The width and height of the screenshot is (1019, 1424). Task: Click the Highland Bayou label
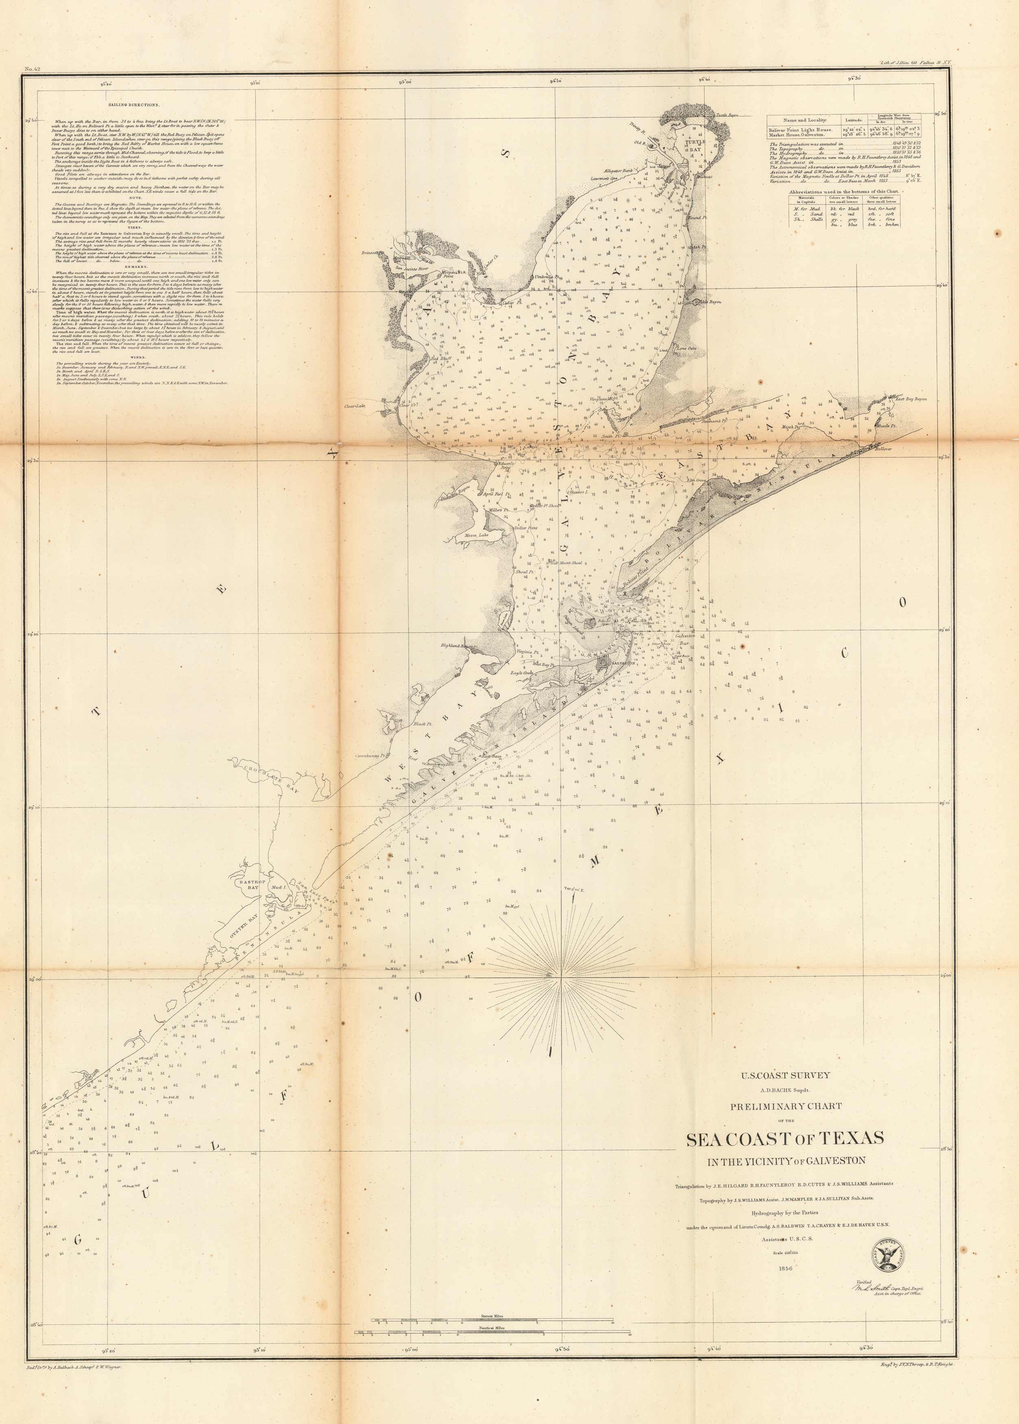[x=456, y=645]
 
